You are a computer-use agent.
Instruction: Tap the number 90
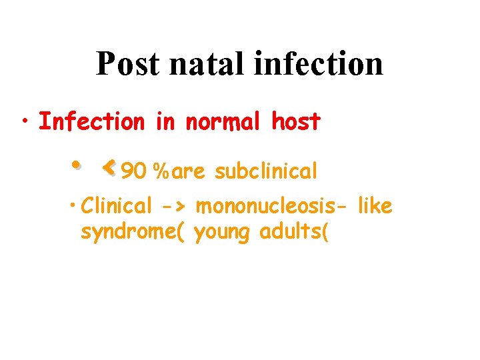134,172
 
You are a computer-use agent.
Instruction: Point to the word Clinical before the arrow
117,207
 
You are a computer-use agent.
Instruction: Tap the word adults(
291,233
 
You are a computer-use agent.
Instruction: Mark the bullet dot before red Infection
24,121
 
